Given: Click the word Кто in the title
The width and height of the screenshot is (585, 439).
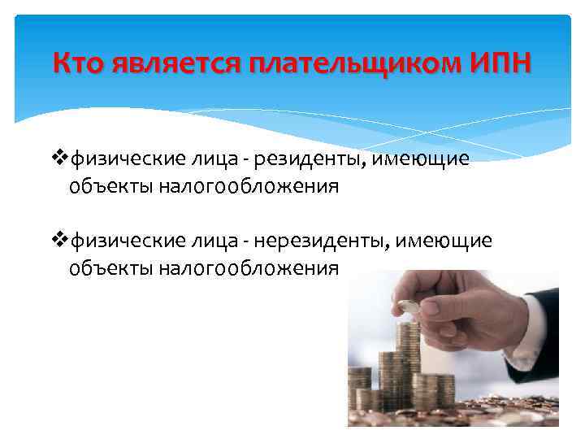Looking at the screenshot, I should pos(78,63).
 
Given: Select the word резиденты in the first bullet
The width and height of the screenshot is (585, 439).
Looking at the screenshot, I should pos(313,159).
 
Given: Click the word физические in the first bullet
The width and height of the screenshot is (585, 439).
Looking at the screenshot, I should pos(119,159).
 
